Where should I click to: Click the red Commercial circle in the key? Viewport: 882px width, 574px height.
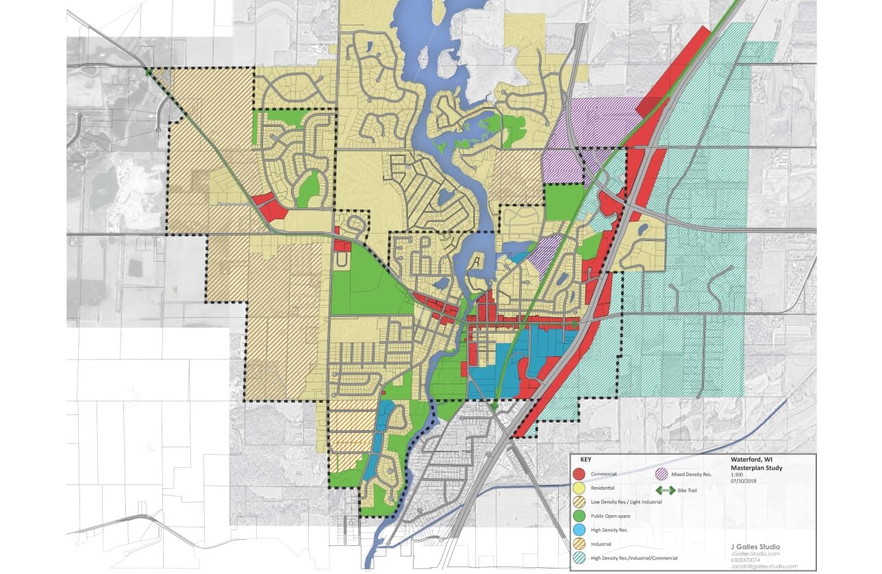579,474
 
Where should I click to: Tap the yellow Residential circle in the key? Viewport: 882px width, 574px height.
579,488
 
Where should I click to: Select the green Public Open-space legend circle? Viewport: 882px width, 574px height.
579,516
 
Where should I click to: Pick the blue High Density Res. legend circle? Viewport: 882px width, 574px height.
579,530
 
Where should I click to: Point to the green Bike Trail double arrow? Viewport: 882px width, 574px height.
663,490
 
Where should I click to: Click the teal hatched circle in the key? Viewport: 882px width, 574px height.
579,559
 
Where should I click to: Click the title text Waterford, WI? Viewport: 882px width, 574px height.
753,460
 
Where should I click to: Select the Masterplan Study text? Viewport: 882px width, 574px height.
757,468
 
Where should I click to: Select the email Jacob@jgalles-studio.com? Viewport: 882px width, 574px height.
763,566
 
